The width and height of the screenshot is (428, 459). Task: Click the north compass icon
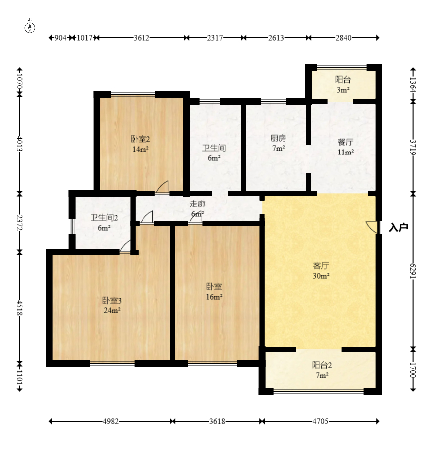30,26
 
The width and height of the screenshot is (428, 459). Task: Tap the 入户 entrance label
398,227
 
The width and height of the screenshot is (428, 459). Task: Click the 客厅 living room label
321,266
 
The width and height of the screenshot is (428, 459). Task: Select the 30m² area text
321,276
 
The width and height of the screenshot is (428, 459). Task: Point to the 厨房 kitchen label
278,138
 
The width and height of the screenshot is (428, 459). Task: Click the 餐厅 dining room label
345,142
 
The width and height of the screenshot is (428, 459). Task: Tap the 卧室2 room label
141,139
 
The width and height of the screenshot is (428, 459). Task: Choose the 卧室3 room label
112,301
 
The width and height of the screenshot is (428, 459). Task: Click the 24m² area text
112,310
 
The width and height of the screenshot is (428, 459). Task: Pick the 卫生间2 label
104,218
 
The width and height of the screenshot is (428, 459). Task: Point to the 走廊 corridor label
198,204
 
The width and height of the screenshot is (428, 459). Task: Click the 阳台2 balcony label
322,365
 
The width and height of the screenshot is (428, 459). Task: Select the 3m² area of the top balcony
343,90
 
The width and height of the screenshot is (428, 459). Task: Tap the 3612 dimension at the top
142,38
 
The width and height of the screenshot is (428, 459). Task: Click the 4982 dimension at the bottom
111,421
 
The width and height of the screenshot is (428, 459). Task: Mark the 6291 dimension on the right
413,271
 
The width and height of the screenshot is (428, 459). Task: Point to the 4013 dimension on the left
20,144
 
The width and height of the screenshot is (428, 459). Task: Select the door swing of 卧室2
162,187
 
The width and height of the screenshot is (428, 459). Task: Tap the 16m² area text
214,297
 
